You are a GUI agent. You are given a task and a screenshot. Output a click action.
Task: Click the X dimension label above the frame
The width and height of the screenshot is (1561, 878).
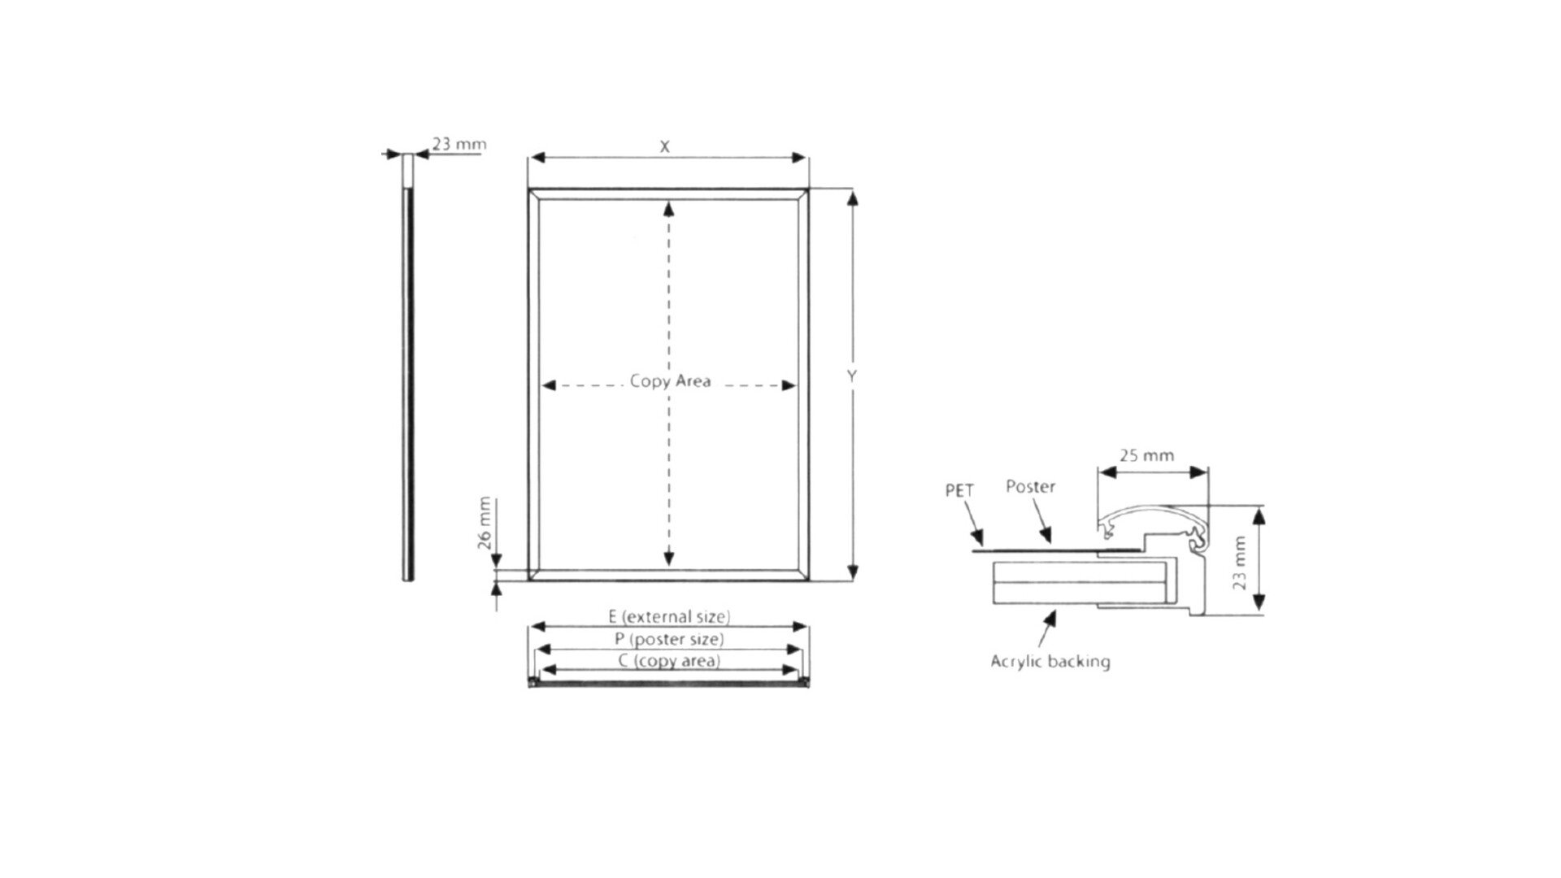tap(665, 146)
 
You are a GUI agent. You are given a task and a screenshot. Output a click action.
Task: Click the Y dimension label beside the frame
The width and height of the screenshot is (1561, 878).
tap(852, 376)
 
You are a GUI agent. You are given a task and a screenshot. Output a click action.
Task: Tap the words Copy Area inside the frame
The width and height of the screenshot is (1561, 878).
tap(670, 381)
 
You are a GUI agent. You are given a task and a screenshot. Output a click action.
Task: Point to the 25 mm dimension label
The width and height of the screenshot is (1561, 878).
tap(1146, 455)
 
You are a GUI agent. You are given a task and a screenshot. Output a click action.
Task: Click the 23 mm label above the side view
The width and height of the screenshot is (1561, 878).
tap(459, 144)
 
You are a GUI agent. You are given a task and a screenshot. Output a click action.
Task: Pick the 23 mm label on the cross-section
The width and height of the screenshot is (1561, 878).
tap(1240, 562)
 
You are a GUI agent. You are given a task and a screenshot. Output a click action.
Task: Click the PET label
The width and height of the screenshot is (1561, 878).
tap(959, 490)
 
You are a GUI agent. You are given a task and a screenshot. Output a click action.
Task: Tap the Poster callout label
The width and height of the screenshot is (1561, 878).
tap(1030, 486)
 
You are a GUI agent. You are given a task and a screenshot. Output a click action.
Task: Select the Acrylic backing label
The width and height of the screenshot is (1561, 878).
tap(1050, 661)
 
